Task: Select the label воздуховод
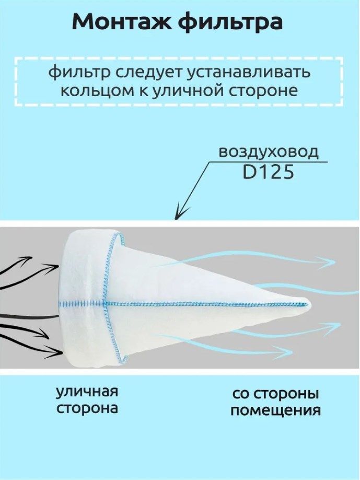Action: pos(268,152)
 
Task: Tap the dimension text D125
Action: pos(268,172)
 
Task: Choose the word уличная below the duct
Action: pos(87,392)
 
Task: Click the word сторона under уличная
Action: pos(87,408)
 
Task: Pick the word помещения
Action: pos(275,410)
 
